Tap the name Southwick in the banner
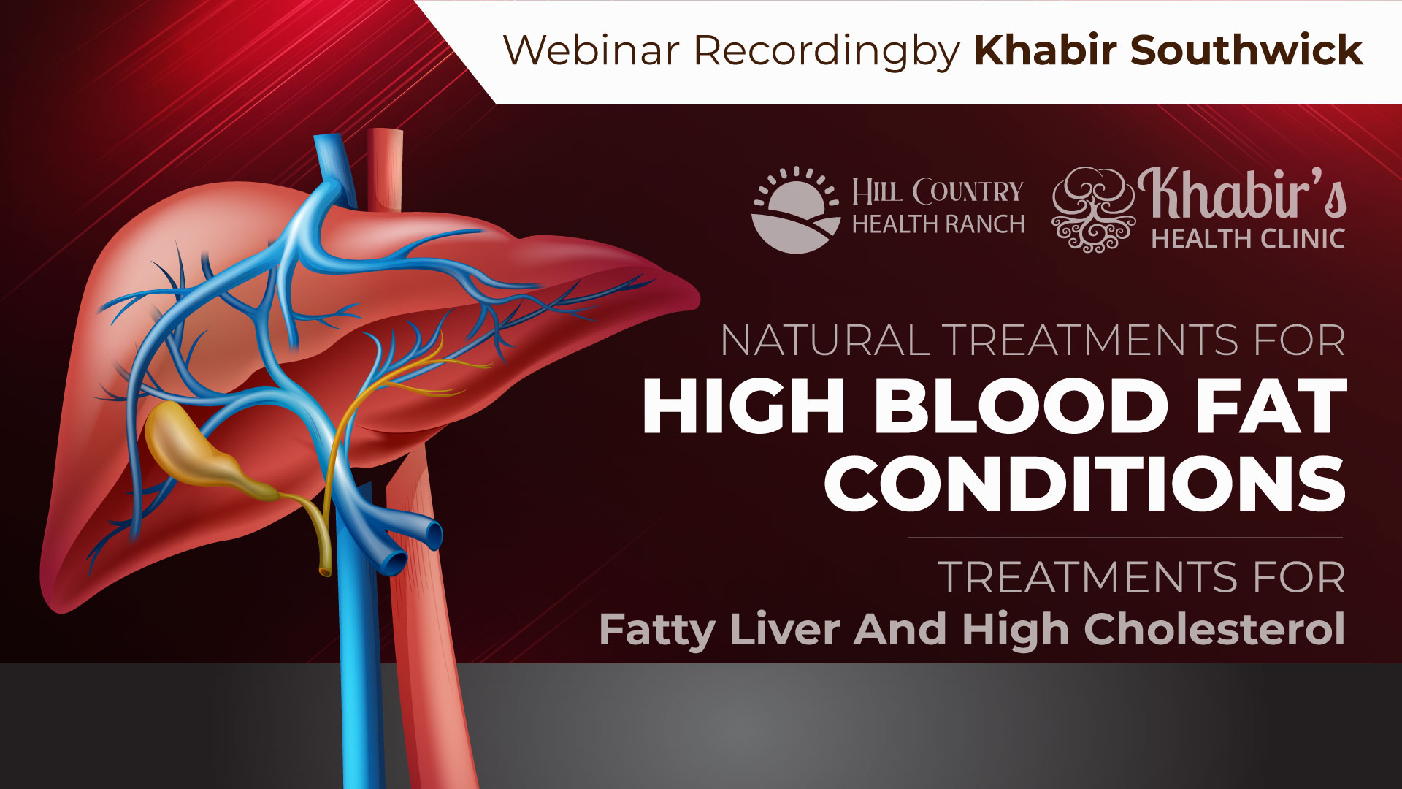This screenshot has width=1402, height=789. point(1246,50)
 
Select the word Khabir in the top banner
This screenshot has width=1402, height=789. point(1046,50)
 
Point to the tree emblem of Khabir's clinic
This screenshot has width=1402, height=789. point(1093,210)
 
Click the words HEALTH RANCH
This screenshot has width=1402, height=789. point(938,224)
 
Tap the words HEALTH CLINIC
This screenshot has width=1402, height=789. point(1248,239)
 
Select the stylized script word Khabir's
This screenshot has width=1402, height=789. point(1241,194)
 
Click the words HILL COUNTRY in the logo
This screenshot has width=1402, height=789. point(938,192)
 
